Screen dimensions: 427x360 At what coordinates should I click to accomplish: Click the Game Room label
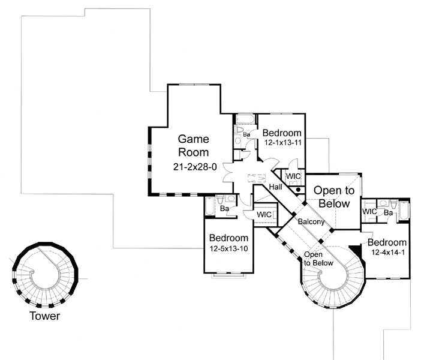[194, 146]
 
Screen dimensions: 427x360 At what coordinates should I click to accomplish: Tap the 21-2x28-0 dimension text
[195, 167]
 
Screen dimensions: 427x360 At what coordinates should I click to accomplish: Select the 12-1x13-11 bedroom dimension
[282, 142]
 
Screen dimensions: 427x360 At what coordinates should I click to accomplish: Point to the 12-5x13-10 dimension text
[228, 248]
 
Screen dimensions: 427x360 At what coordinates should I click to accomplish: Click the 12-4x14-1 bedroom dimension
[388, 253]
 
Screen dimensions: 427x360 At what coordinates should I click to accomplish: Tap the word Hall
[275, 187]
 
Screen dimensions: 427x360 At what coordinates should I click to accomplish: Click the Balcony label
[311, 221]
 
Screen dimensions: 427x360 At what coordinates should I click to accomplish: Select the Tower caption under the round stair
[44, 316]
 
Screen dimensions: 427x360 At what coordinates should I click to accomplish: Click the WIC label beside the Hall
[293, 176]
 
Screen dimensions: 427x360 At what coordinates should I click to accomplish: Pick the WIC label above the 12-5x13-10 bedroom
[264, 215]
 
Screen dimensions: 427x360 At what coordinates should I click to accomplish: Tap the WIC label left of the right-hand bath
[369, 211]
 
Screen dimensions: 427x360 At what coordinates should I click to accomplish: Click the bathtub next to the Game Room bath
[210, 206]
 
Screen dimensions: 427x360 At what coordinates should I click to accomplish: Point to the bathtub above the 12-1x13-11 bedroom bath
[245, 119]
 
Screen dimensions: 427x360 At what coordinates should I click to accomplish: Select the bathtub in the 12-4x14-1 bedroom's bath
[404, 210]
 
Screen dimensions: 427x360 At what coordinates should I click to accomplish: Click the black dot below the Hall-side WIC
[298, 190]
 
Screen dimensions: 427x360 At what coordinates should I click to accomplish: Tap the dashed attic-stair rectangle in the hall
[256, 178]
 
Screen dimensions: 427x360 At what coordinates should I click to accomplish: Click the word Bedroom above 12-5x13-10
[228, 238]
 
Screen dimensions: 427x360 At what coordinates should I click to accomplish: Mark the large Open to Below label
[334, 197]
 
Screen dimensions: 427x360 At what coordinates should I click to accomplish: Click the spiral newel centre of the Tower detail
[32, 271]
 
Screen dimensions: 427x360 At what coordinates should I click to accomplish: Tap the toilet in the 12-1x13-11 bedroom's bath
[240, 129]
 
